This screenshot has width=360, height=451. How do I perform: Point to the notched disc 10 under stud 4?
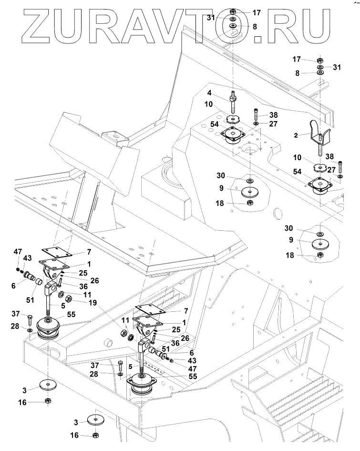tap(233, 119)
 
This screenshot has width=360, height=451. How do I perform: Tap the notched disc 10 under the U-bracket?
tap(319, 169)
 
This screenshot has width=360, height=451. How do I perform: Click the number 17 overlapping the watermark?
tap(257, 12)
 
